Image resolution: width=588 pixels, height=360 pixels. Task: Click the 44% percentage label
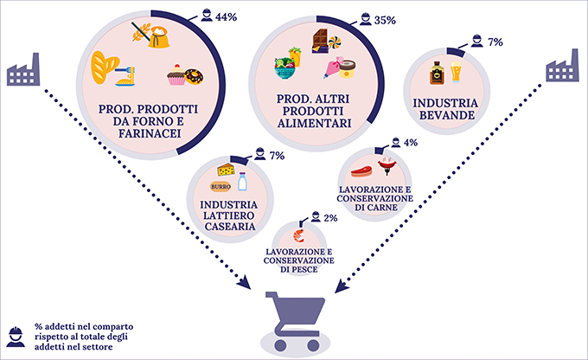226,17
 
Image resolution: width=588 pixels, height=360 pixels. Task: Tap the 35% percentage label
385,20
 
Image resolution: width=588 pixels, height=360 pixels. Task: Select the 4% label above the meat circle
411,142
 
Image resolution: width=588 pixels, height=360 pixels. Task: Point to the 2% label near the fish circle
330,218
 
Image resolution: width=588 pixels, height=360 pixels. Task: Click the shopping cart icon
295,321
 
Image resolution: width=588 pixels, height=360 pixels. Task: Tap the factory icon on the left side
23,69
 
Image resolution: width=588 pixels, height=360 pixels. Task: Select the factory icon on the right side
562,65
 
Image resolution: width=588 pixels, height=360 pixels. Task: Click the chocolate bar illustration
319,41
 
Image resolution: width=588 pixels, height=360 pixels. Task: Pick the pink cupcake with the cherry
176,74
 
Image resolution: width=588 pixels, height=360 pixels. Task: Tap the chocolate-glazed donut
195,76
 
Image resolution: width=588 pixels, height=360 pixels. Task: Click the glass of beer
456,72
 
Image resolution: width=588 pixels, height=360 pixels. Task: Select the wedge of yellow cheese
227,170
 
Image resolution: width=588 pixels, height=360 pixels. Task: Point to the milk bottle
242,182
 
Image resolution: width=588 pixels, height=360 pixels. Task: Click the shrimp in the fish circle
299,235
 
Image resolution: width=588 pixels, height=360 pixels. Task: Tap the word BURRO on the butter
220,187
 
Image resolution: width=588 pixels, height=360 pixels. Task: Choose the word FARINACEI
150,133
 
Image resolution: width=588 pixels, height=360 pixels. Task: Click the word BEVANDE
447,115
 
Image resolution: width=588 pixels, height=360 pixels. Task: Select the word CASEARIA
230,227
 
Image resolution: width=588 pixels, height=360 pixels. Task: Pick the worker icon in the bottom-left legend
16,337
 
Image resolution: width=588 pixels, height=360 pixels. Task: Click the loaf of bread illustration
105,67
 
